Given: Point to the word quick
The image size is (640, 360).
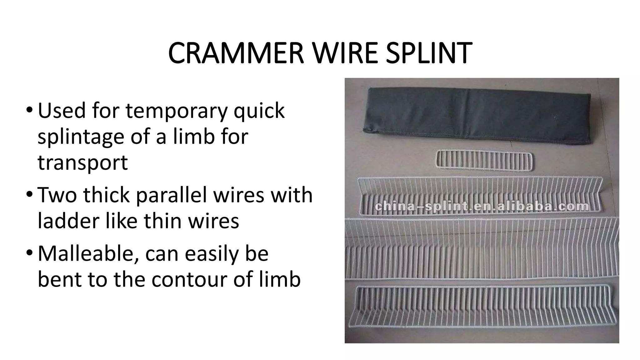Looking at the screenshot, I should pyautogui.click(x=259, y=111).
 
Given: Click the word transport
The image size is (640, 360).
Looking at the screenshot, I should pyautogui.click(x=82, y=163).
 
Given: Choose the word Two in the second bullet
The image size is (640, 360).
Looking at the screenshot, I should pyautogui.click(x=57, y=195).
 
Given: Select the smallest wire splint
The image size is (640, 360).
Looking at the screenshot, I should pyautogui.click(x=484, y=161).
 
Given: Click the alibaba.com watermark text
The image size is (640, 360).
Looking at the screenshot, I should pyautogui.click(x=482, y=206).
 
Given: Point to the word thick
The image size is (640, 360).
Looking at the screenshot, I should pyautogui.click(x=106, y=195).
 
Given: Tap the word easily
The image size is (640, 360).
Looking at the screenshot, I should pyautogui.click(x=213, y=254).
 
